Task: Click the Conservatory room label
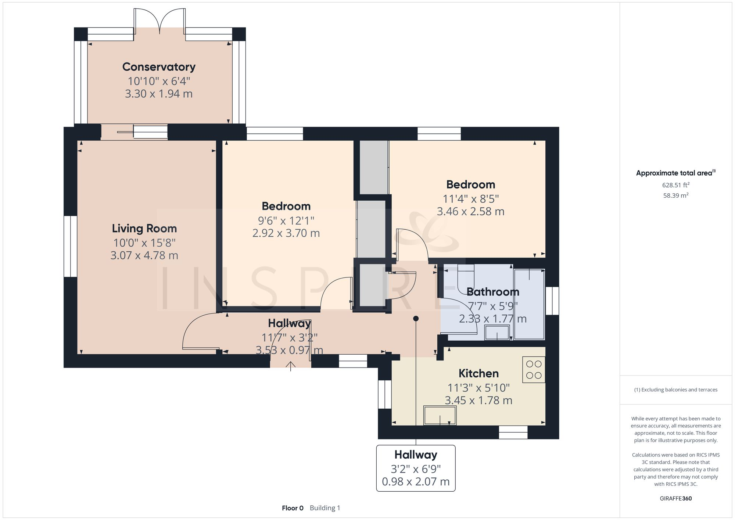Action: tap(159, 67)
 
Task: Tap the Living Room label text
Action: tap(144, 229)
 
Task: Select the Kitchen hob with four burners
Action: tap(534, 370)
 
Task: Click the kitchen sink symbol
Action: tap(440, 415)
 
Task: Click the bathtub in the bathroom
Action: tap(529, 304)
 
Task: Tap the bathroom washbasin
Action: tap(497, 333)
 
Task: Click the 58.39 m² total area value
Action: tap(675, 196)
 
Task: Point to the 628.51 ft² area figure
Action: tap(675, 185)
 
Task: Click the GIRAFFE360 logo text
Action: tap(675, 498)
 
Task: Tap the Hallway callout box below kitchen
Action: tap(416, 468)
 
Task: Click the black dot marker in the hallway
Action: tap(416, 319)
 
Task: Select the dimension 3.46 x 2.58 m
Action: tap(470, 212)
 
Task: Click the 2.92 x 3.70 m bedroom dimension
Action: tap(286, 233)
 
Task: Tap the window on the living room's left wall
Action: tap(70, 246)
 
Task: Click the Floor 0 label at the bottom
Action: tap(293, 508)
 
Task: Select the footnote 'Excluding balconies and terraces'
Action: tap(675, 390)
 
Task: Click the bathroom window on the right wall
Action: tap(552, 301)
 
